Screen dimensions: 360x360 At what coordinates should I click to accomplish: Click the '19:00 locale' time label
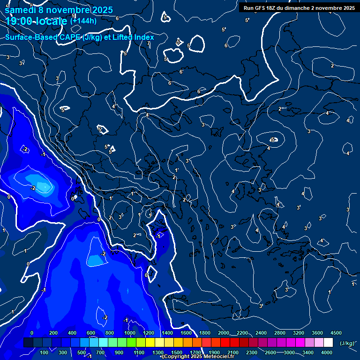[37, 21]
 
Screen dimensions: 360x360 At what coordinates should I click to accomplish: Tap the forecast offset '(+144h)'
[83, 21]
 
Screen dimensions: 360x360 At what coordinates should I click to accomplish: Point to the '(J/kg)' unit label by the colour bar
[346, 344]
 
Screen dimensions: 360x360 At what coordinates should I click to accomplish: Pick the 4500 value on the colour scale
[336, 333]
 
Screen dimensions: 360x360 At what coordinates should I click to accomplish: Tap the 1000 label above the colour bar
[130, 333]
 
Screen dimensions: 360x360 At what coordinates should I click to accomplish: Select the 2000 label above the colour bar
[224, 333]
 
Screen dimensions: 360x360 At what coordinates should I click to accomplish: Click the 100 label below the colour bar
[44, 352]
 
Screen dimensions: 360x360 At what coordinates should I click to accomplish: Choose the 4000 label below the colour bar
[327, 352]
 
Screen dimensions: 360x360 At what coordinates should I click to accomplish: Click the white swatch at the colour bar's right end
[328, 343]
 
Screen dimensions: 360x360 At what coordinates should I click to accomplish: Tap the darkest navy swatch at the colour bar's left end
[28, 343]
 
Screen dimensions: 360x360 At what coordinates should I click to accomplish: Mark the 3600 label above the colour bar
[317, 333]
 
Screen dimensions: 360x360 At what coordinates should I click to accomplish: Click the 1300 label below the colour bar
[158, 352]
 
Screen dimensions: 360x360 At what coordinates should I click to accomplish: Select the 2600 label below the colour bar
[270, 352]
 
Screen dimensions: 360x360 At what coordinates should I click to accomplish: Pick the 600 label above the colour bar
[91, 333]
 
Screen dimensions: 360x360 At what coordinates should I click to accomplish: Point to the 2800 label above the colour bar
[280, 333]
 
